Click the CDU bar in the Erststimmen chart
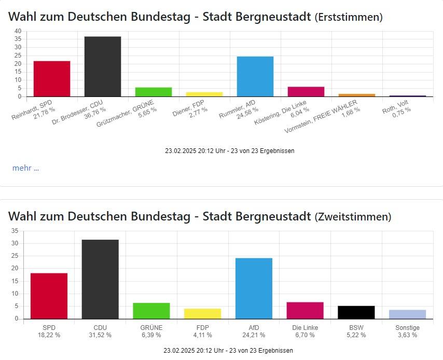coord(103,66)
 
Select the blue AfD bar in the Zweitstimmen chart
coord(254,288)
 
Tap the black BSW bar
coord(356,312)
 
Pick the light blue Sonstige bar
coord(407,314)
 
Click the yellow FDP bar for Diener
coord(204,94)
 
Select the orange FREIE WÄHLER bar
coord(357,95)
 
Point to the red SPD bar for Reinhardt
coord(52,79)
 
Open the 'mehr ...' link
coord(25,168)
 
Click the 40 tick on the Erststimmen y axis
coord(18,31)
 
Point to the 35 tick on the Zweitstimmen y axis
coord(15,231)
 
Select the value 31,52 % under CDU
coord(101,335)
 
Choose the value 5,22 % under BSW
coord(356,335)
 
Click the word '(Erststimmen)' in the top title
coord(349,17)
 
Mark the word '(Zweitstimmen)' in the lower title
coord(353,216)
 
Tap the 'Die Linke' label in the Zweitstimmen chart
coord(304,328)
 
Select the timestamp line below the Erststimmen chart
coord(230,151)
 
